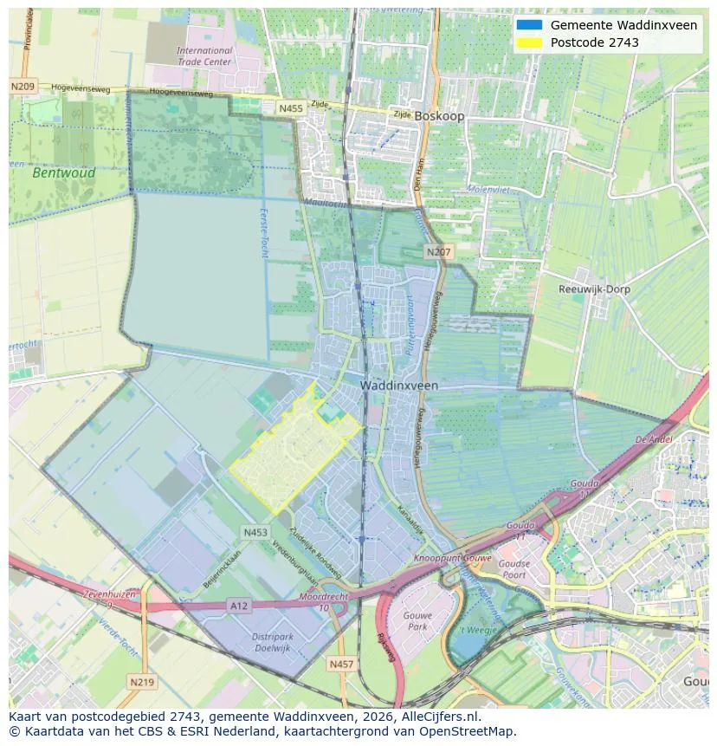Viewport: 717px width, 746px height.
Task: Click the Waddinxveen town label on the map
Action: [x=399, y=385]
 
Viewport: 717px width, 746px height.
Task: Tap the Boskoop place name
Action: [x=439, y=115]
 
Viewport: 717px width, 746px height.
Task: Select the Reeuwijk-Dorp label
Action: [x=594, y=289]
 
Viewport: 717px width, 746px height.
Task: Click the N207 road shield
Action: [x=438, y=251]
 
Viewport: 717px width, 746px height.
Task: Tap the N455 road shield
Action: [x=290, y=108]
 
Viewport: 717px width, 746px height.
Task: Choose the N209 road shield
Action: [x=23, y=87]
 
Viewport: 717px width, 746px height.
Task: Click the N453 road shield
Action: [x=255, y=533]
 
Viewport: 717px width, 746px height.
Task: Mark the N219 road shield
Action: [x=142, y=683]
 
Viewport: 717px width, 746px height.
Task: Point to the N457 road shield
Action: [x=342, y=664]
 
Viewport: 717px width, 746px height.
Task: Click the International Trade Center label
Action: [x=204, y=56]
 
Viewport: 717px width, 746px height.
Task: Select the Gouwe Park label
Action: [x=417, y=620]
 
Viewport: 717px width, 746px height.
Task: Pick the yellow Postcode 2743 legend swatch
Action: [x=528, y=42]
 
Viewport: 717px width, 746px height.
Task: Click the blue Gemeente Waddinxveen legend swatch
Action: [x=528, y=25]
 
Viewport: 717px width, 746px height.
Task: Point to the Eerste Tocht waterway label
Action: [x=263, y=231]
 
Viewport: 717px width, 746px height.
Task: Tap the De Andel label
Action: [x=654, y=439]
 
